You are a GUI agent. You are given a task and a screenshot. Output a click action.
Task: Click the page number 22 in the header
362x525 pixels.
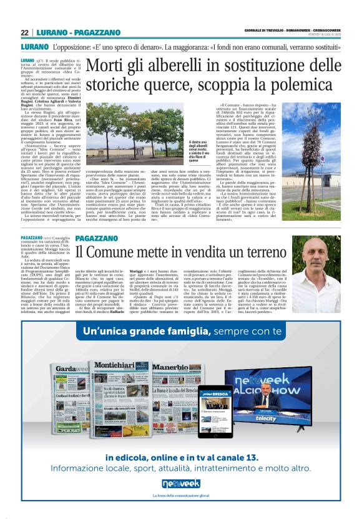tap(24, 32)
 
